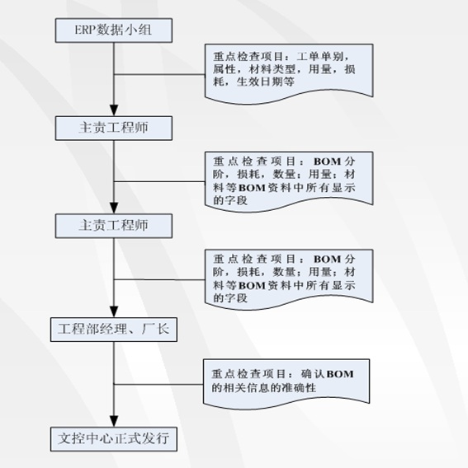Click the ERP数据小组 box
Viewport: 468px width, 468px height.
tap(114, 30)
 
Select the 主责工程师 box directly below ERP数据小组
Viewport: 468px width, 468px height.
tap(114, 128)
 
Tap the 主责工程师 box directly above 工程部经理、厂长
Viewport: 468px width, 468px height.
tap(114, 226)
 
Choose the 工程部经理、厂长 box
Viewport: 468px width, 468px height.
tap(114, 330)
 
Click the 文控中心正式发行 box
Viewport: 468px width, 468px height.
tap(114, 439)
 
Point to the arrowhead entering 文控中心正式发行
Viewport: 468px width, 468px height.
tap(114, 421)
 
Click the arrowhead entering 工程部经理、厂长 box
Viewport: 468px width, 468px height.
tap(114, 311)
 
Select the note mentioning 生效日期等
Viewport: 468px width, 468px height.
tap(289, 73)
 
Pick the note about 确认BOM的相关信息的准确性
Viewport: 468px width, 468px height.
tap(286, 383)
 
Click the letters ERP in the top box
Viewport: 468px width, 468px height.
tap(85, 30)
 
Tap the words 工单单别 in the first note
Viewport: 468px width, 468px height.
tap(319, 56)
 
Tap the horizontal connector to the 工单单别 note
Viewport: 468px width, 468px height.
tap(159, 74)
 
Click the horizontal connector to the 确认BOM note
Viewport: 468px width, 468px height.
tap(158, 384)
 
